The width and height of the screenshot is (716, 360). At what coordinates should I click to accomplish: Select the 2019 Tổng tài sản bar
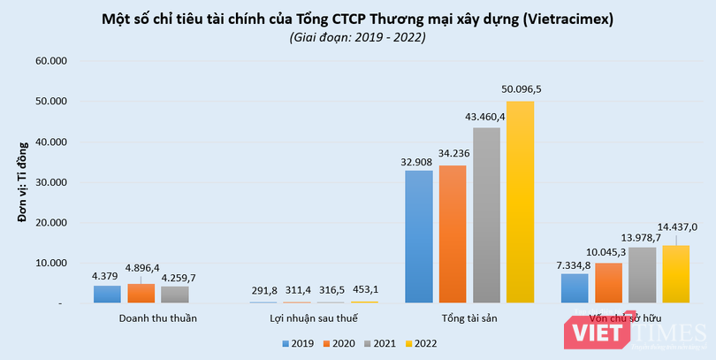click(x=418, y=236)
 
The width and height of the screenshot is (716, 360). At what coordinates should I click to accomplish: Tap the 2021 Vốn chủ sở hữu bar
click(x=643, y=275)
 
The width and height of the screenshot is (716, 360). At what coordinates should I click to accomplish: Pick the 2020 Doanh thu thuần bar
click(x=141, y=294)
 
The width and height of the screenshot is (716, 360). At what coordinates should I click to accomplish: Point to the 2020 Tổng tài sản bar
click(x=452, y=234)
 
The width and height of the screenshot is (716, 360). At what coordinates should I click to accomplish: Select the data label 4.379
click(x=107, y=275)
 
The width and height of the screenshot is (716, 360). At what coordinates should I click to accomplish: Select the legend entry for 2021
click(x=379, y=343)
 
